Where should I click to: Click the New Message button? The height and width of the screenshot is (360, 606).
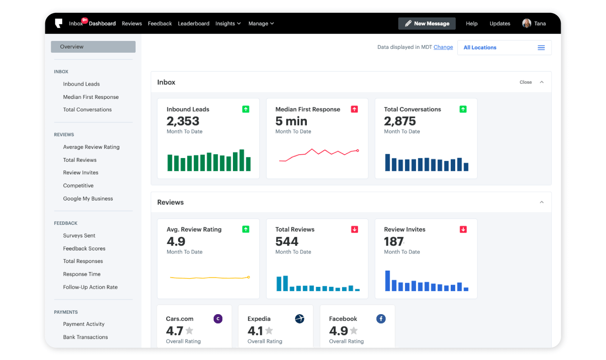[x=427, y=23]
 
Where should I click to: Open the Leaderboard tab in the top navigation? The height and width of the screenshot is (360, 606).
[x=194, y=23]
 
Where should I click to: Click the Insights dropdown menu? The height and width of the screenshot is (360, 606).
[x=228, y=23]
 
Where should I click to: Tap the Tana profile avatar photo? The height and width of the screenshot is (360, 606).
[x=526, y=23]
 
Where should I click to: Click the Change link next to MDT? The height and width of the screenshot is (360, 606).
[x=443, y=47]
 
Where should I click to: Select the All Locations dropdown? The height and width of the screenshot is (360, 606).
[x=504, y=48]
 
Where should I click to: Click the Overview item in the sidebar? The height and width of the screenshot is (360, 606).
[x=93, y=47]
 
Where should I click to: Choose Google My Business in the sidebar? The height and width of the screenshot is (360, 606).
[x=88, y=199]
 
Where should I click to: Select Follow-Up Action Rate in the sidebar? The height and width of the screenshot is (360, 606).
[x=90, y=287]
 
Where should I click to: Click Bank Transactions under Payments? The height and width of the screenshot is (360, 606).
[x=85, y=337]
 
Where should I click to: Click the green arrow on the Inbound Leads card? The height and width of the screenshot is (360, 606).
[x=246, y=109]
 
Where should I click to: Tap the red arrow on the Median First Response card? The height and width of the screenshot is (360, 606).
[x=355, y=109]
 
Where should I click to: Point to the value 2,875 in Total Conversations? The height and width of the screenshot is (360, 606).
[x=400, y=121]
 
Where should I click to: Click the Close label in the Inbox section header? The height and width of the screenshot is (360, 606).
[x=526, y=82]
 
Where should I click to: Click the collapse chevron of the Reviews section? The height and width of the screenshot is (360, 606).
[x=542, y=202]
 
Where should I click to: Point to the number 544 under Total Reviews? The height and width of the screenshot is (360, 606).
[x=287, y=241]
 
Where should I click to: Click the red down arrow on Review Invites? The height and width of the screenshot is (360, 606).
[x=463, y=229]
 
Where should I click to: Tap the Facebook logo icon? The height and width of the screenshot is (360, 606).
[x=381, y=319]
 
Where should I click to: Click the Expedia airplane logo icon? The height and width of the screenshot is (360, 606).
[x=300, y=319]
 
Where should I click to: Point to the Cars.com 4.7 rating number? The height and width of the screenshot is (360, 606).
[x=175, y=331]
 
